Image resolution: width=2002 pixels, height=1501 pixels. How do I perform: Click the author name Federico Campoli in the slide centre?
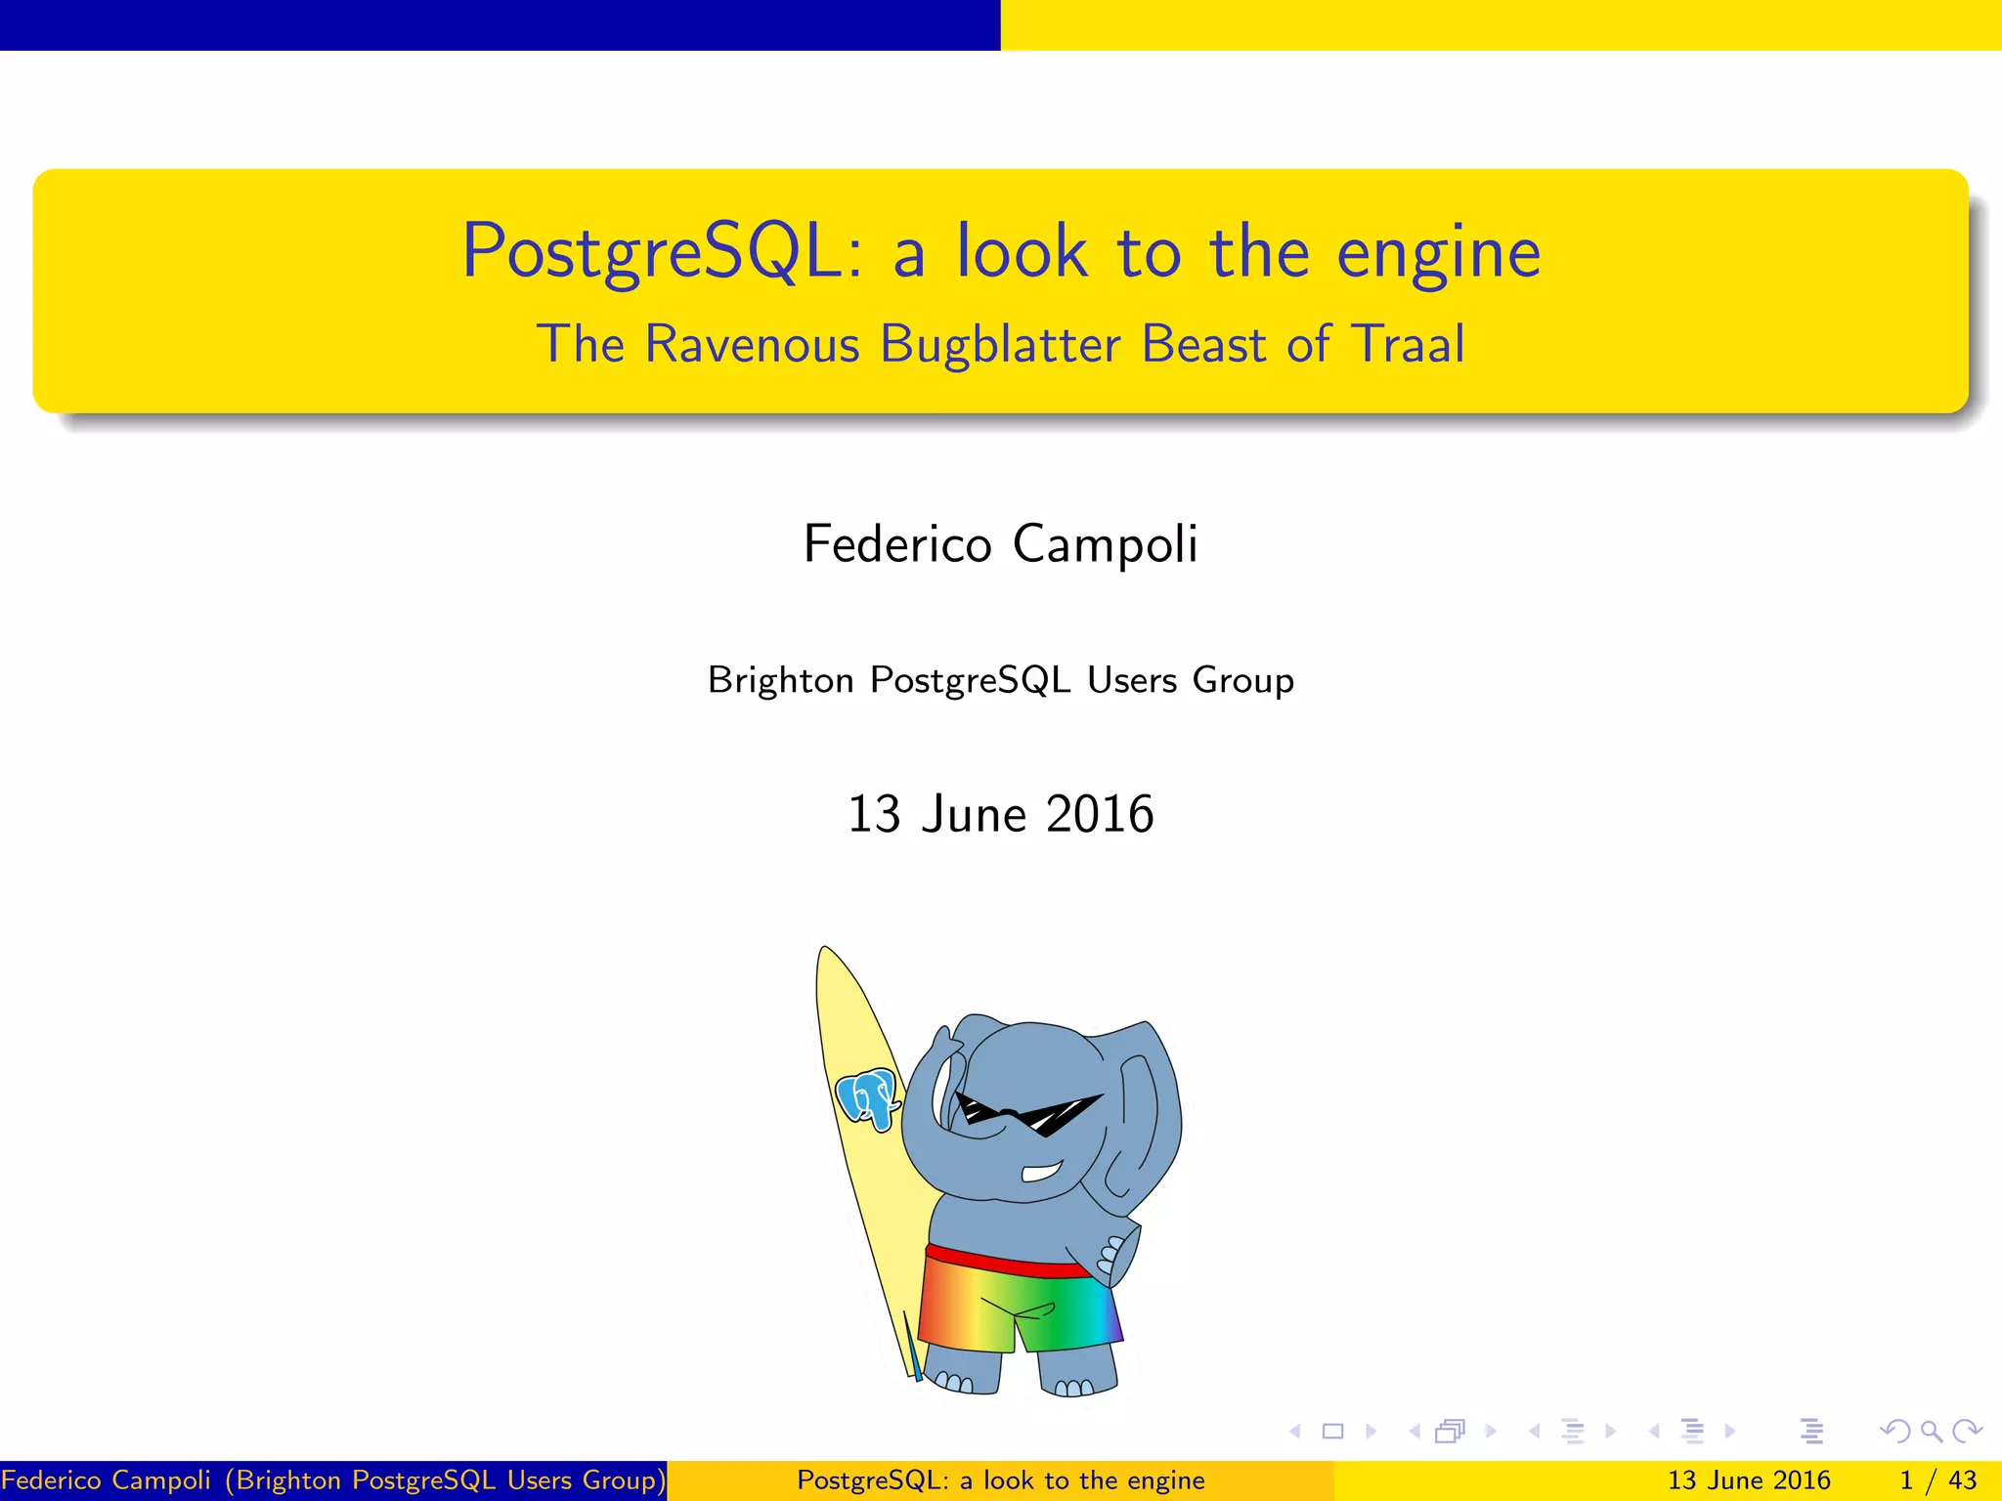pos(1000,544)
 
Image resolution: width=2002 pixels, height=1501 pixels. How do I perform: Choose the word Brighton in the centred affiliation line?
pos(780,680)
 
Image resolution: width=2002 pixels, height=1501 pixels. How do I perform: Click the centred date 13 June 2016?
pos(1000,814)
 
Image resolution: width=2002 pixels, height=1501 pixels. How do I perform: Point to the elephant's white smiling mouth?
pos(1042,1171)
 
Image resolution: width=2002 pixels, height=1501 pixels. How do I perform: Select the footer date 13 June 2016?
pos(1748,1480)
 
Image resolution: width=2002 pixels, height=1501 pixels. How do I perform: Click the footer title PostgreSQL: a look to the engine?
pos(1000,1480)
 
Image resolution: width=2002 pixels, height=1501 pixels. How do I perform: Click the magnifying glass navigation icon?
pos(1931,1432)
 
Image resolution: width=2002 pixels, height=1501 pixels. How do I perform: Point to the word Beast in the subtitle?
pos(1203,345)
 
